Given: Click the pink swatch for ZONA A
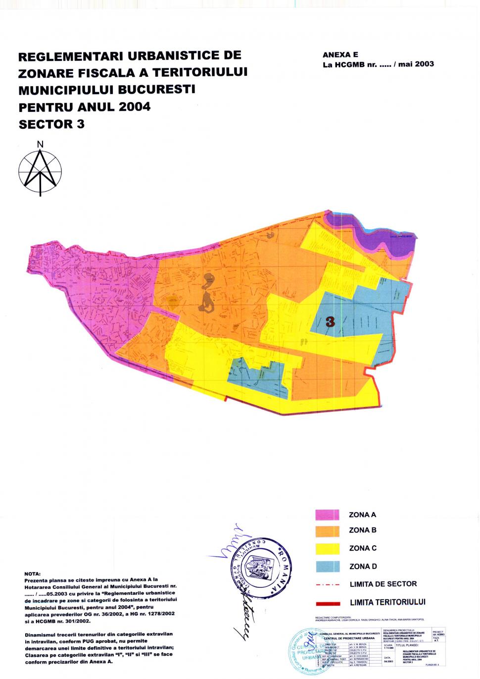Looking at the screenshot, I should [x=327, y=515].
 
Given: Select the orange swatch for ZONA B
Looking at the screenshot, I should [x=327, y=530].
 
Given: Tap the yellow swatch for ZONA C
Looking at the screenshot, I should [x=327, y=548].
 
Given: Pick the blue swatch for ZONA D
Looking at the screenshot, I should [x=327, y=566].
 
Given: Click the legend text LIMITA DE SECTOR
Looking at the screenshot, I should [x=383, y=584].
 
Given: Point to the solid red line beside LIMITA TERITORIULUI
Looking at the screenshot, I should [x=327, y=603].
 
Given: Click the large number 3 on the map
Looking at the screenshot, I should [x=330, y=322].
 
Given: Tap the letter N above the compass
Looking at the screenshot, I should [x=40, y=144].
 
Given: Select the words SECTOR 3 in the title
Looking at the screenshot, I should [x=51, y=124].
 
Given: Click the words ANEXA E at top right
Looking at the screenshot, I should [x=340, y=55].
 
